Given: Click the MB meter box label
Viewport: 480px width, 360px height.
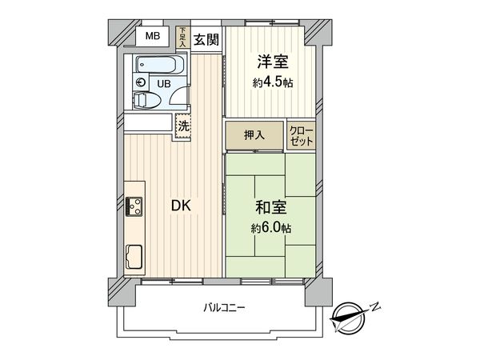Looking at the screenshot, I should click(152, 37).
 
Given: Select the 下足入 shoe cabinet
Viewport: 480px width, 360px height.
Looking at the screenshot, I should click(183, 38).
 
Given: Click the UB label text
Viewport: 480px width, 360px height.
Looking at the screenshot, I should click(163, 82).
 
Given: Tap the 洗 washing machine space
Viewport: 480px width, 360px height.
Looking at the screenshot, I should click(184, 125).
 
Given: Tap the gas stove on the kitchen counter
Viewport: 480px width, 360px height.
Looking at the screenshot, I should click(133, 206).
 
